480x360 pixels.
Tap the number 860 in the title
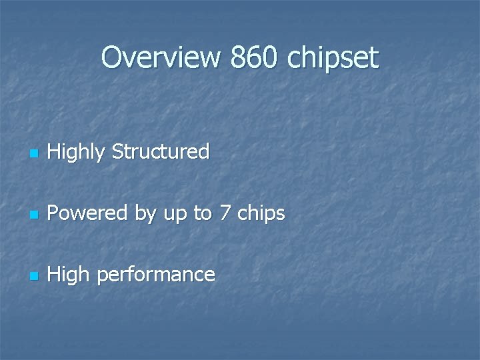click(253, 58)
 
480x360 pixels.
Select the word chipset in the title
click(333, 59)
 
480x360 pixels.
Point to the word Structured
click(161, 151)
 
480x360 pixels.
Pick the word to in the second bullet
click(203, 214)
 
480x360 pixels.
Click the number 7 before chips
click(227, 213)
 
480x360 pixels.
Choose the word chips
click(262, 215)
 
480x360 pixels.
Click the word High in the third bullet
click(69, 275)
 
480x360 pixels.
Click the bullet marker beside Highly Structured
click(35, 155)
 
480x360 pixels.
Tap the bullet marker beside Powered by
click(35, 216)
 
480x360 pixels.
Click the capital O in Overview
click(111, 58)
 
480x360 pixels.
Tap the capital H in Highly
click(55, 151)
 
